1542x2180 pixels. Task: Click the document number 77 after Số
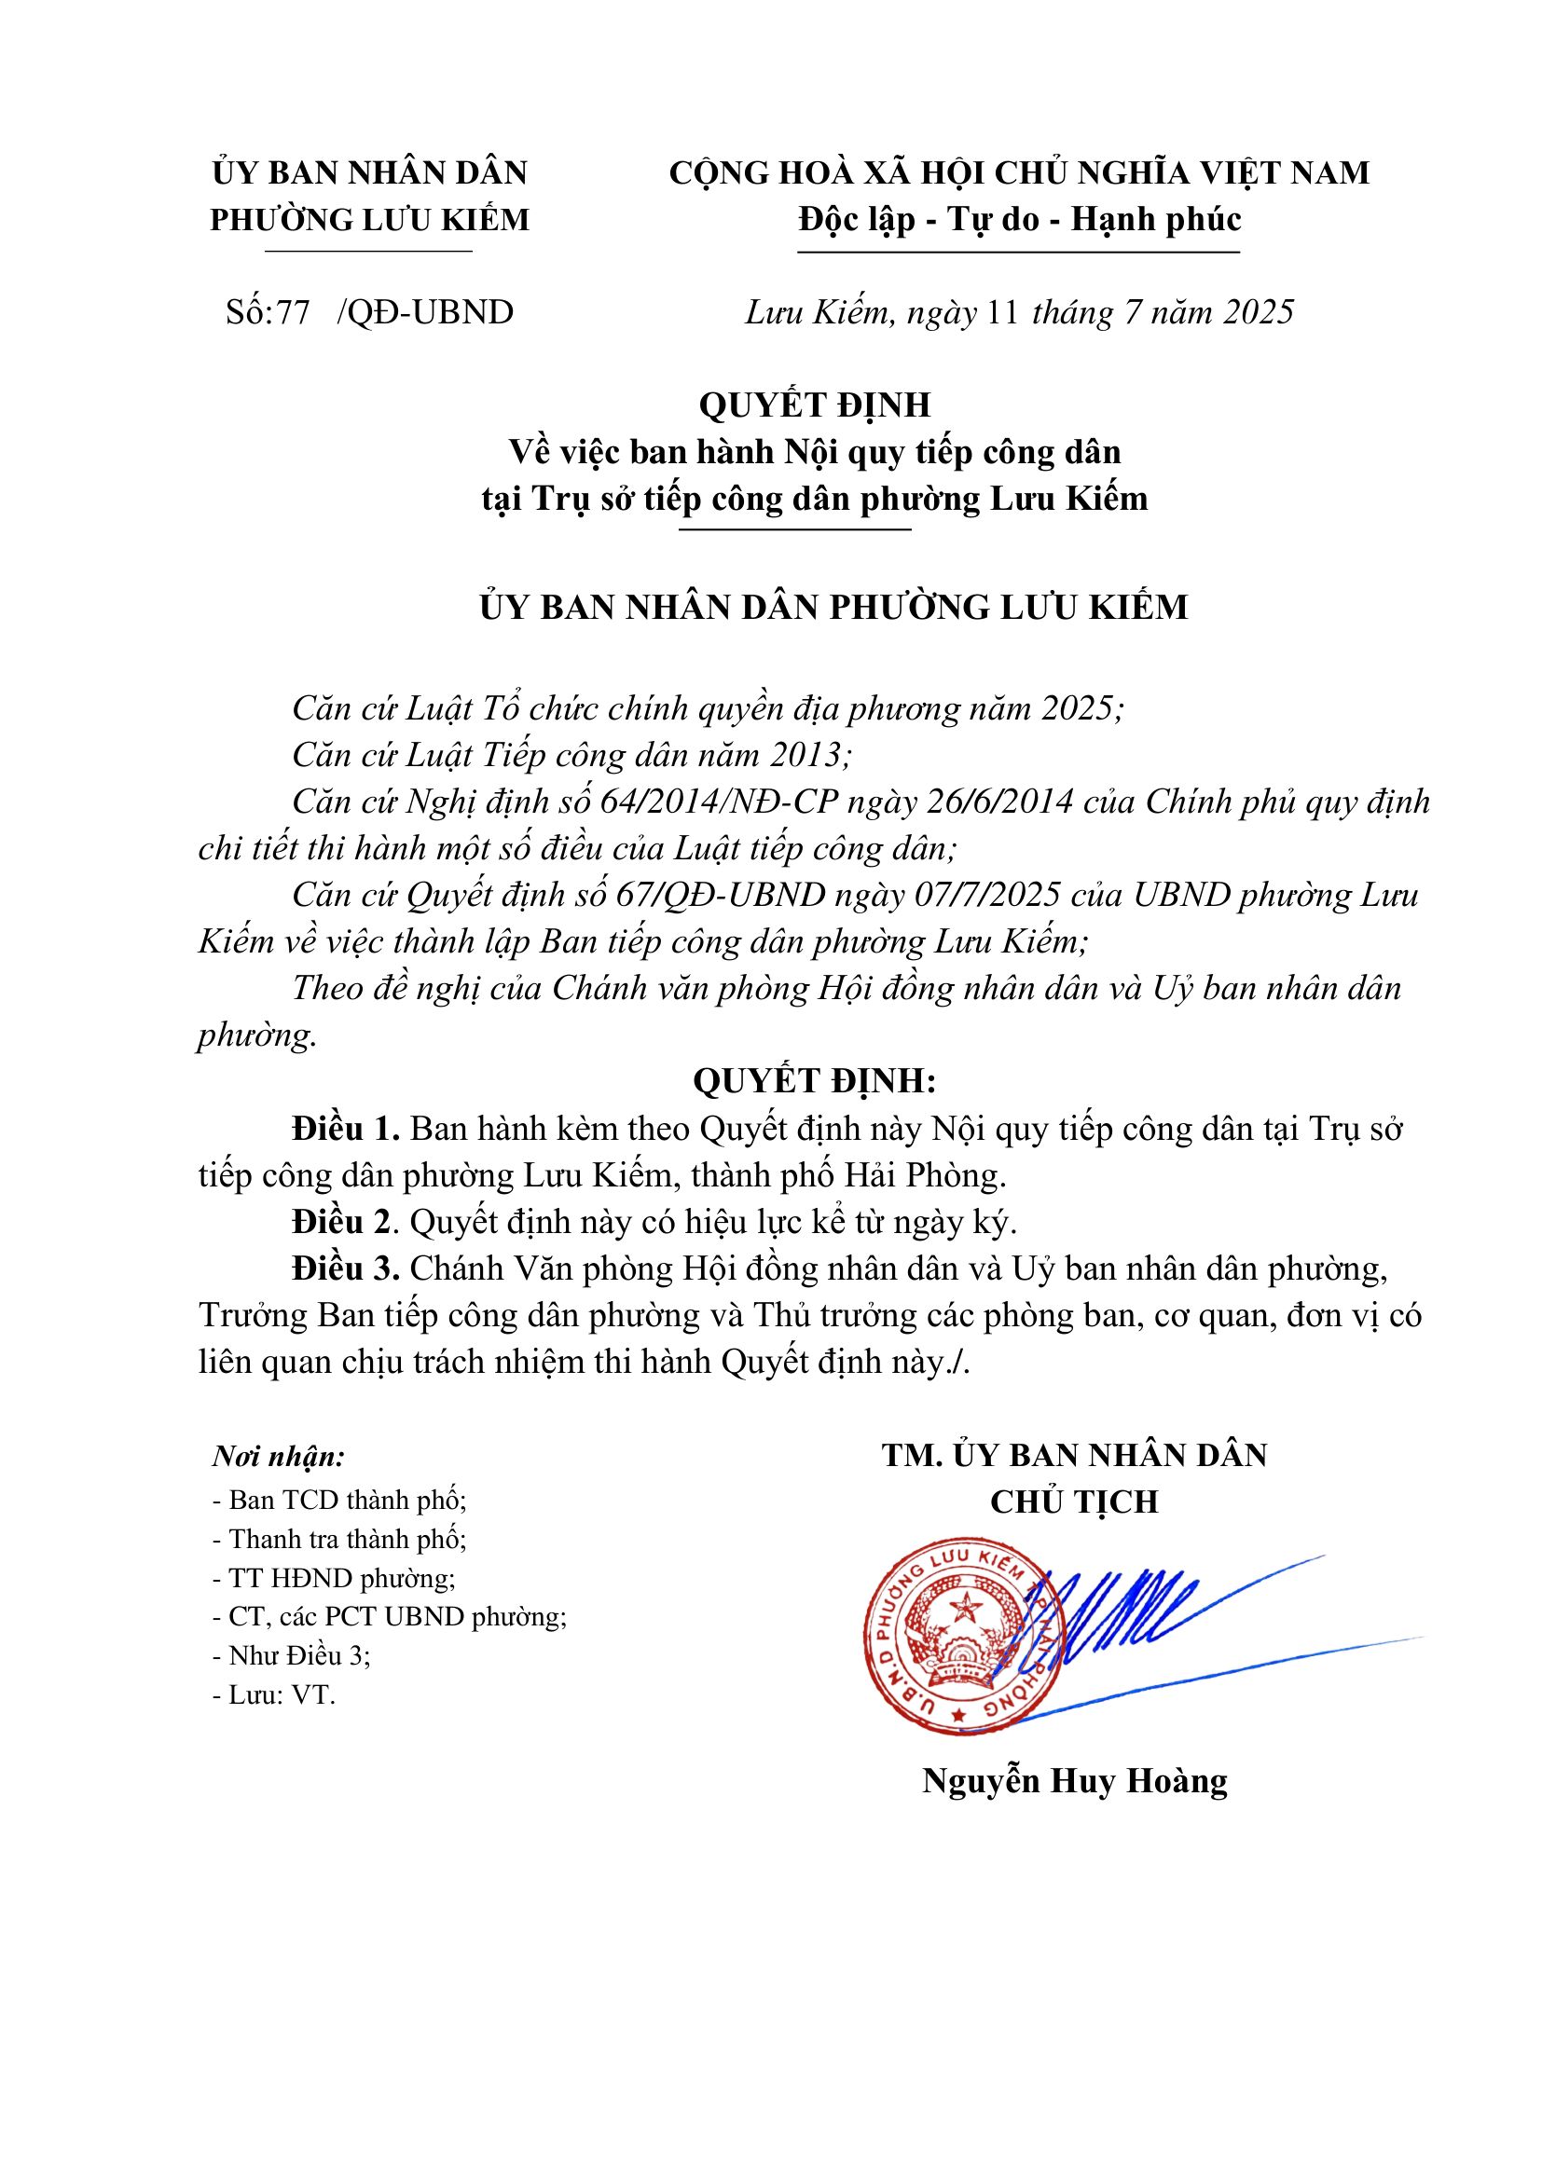(x=293, y=312)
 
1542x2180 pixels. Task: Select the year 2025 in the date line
(x=1258, y=312)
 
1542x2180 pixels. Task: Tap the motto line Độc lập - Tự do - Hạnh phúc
(x=1019, y=219)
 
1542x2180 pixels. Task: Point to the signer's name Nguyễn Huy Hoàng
(x=1074, y=1780)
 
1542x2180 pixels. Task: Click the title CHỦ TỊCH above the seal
(x=1074, y=1502)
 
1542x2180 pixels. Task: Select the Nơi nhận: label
(x=278, y=1457)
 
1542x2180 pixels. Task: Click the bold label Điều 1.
(x=346, y=1129)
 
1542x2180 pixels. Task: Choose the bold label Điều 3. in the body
(x=346, y=1268)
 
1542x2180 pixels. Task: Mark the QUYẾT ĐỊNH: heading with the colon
(x=814, y=1080)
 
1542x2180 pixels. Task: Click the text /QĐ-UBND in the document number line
(x=425, y=312)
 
